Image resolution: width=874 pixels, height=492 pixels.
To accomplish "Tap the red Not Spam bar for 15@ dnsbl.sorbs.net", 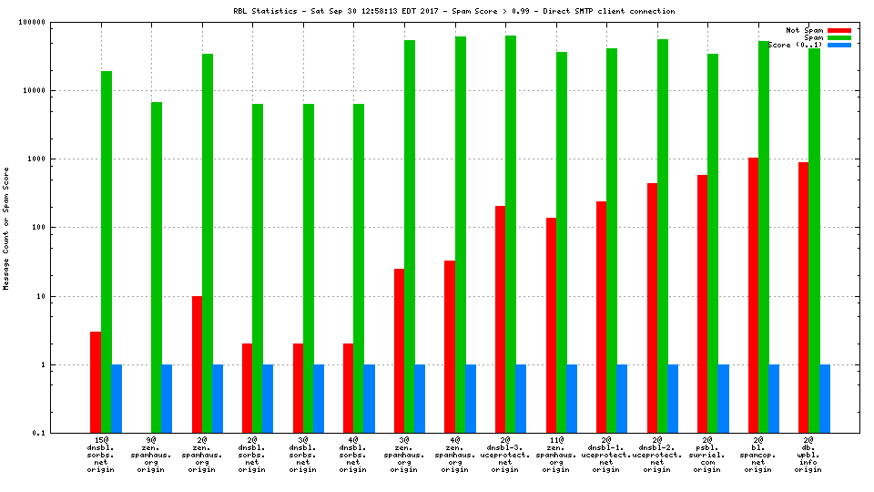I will [x=96, y=382].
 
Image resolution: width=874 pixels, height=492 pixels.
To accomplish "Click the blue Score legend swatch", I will [x=839, y=45].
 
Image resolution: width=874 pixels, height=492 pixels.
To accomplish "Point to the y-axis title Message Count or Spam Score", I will [x=7, y=228].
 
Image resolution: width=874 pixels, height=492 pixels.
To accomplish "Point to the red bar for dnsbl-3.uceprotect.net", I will [x=501, y=319].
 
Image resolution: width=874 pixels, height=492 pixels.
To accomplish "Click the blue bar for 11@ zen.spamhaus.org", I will [x=572, y=398].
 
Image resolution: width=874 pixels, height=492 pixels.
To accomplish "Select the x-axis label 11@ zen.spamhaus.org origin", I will [x=555, y=455].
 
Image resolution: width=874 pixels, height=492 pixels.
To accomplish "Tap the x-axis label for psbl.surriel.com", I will [x=706, y=455].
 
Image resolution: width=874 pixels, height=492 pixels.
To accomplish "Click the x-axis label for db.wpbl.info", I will [x=808, y=455].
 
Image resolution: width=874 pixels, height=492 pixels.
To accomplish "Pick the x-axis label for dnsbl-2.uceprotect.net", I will [x=656, y=455].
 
